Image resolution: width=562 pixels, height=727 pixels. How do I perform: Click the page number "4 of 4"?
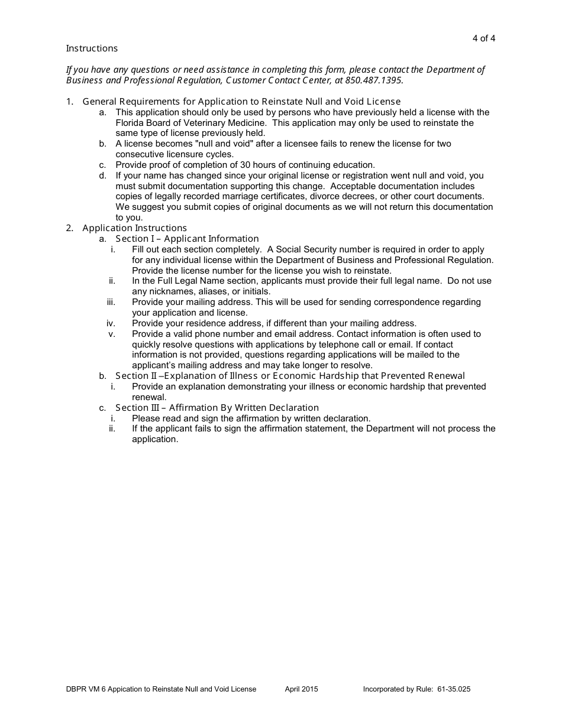(x=483, y=38)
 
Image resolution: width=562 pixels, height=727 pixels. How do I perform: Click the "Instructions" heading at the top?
(x=92, y=48)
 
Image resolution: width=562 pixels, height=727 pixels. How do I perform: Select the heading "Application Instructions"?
(x=134, y=228)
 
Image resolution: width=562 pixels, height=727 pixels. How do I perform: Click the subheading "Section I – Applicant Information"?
(x=187, y=239)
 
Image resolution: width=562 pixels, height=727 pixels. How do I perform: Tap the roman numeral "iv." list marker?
(x=111, y=323)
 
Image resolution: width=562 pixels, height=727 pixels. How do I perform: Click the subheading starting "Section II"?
(x=290, y=376)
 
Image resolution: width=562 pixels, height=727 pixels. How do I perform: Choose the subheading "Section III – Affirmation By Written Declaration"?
(x=217, y=408)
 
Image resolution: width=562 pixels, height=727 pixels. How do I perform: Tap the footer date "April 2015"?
(x=301, y=689)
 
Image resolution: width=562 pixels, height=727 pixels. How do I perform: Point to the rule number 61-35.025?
(x=454, y=689)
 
